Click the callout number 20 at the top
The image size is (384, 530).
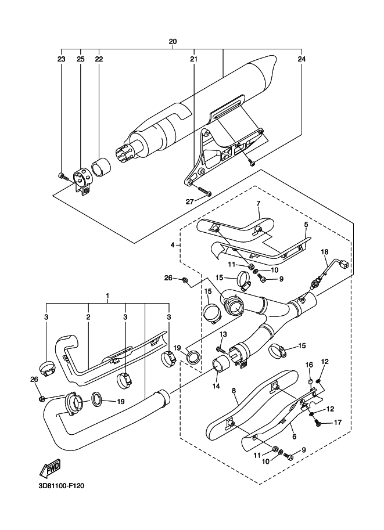(173, 42)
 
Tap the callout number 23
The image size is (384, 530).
(61, 59)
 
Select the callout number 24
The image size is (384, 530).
(301, 59)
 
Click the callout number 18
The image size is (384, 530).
(325, 251)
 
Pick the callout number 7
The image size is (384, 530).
(259, 204)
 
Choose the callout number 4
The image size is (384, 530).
(173, 246)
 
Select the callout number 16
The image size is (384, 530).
(310, 365)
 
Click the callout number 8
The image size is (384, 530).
(234, 391)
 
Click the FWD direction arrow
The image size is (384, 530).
(49, 468)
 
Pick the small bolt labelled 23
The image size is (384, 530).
(62, 174)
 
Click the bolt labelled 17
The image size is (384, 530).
(318, 423)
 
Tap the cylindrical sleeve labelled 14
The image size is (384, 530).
(220, 367)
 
